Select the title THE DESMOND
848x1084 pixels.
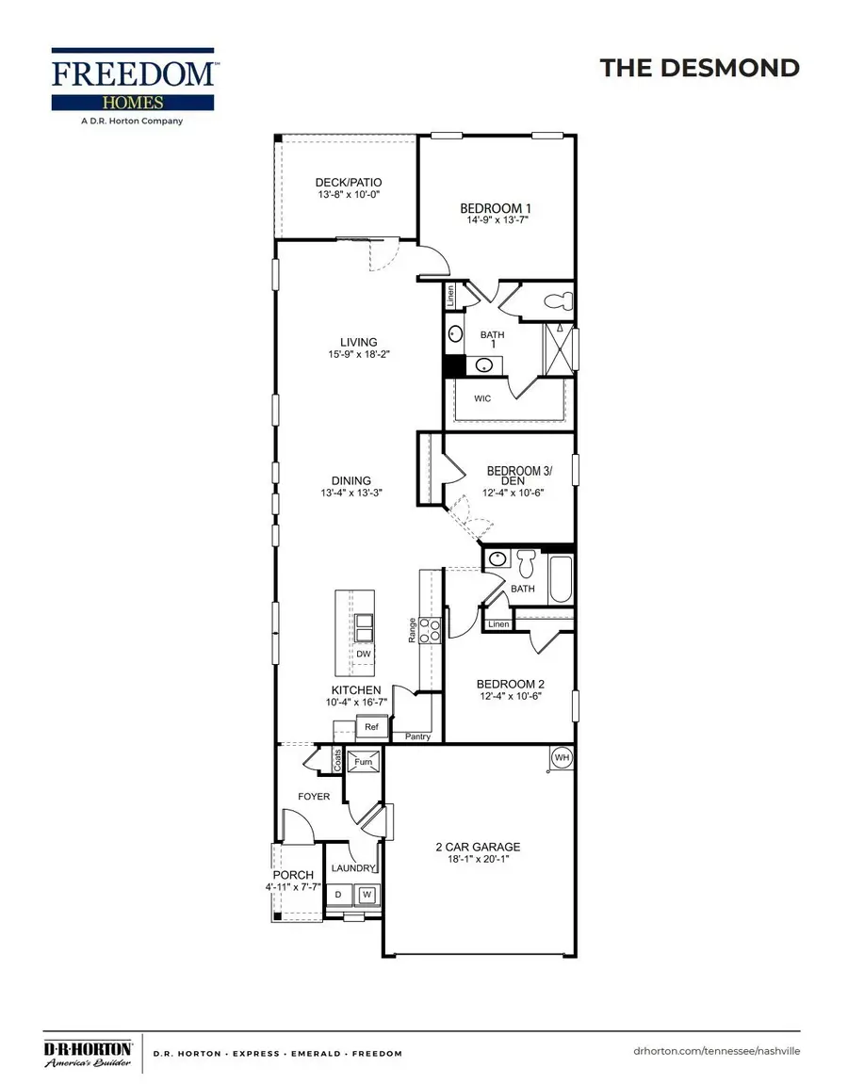click(x=699, y=68)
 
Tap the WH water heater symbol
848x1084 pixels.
click(x=562, y=756)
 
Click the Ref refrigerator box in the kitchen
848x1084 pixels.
click(x=371, y=727)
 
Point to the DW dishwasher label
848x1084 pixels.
click(x=364, y=654)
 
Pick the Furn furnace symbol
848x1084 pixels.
click(x=364, y=761)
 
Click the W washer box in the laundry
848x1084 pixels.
click(x=367, y=894)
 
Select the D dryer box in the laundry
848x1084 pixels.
click(x=338, y=894)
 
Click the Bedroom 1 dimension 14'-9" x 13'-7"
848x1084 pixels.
click(x=496, y=219)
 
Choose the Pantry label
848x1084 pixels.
click(x=417, y=736)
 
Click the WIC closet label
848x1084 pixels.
click(x=482, y=398)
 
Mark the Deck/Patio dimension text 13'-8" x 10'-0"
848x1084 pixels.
click(x=348, y=195)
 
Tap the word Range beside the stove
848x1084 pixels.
click(x=413, y=630)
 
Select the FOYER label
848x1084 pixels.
click(x=314, y=796)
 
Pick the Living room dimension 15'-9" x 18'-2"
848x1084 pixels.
click(x=358, y=355)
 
